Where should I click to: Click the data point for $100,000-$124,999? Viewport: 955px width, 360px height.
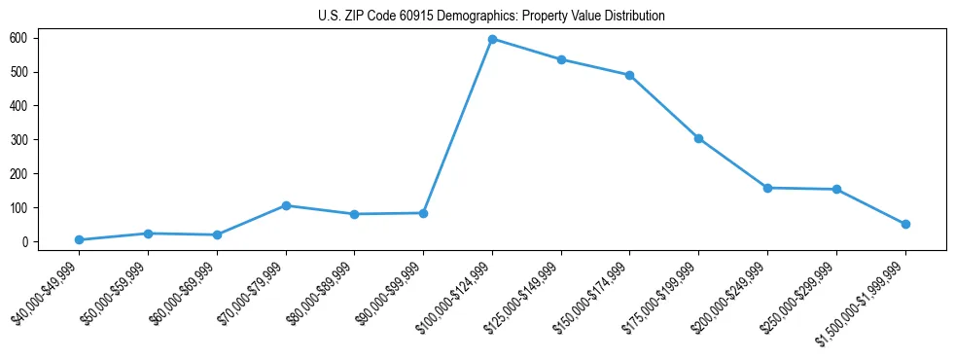tap(492, 39)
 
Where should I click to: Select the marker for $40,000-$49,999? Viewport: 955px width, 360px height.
tap(79, 239)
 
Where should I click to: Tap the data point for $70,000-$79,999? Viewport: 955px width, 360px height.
tap(286, 205)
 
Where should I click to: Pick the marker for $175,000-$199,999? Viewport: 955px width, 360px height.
tap(698, 138)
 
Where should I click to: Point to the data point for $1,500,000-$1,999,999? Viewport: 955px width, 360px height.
tap(905, 224)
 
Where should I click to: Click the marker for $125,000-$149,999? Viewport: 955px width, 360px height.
tap(561, 59)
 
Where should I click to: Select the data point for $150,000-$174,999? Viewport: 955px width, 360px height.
tap(630, 75)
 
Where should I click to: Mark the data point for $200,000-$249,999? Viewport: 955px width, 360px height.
tap(767, 188)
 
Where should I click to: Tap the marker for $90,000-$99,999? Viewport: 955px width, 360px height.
tap(423, 213)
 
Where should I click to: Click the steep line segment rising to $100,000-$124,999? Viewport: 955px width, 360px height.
tap(457, 126)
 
